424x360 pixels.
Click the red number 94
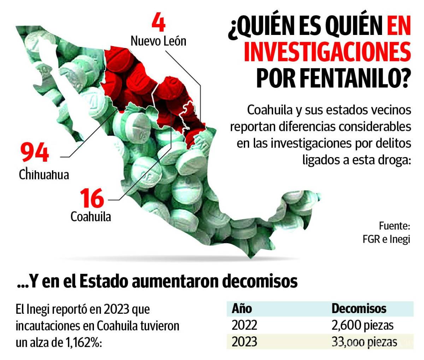[34, 152]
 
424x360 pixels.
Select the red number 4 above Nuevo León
[158, 24]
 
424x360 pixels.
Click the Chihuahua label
[44, 174]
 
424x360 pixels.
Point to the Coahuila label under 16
[91, 216]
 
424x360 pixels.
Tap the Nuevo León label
[158, 41]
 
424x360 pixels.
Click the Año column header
[242, 308]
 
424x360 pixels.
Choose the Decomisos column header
[359, 308]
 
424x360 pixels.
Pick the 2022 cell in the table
[244, 325]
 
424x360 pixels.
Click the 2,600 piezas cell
[362, 325]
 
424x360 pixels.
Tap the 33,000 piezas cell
[364, 341]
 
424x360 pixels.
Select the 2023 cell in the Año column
[244, 341]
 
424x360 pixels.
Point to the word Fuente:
[394, 225]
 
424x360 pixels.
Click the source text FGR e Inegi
[386, 239]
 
